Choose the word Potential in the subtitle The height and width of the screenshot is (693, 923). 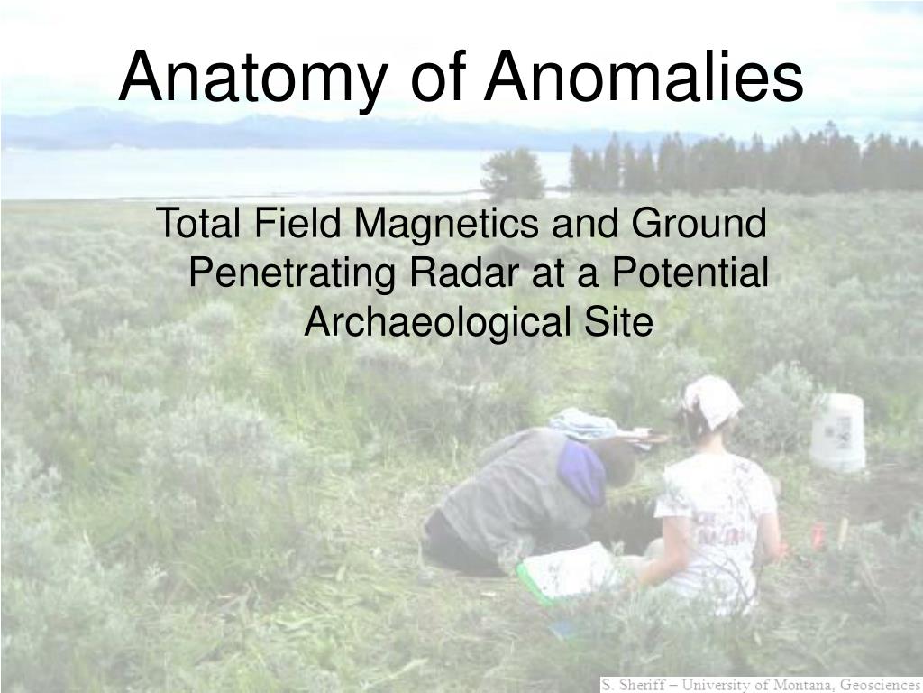689,272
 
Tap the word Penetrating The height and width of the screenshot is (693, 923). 294,272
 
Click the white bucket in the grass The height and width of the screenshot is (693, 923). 837,432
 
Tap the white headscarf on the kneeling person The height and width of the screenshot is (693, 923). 711,400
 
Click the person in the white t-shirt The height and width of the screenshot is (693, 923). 717,514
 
